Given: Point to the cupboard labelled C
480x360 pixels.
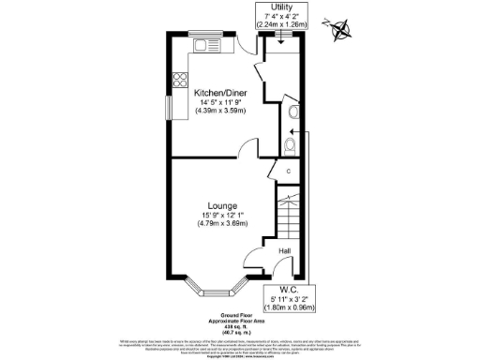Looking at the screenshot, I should pyautogui.click(x=288, y=172).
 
